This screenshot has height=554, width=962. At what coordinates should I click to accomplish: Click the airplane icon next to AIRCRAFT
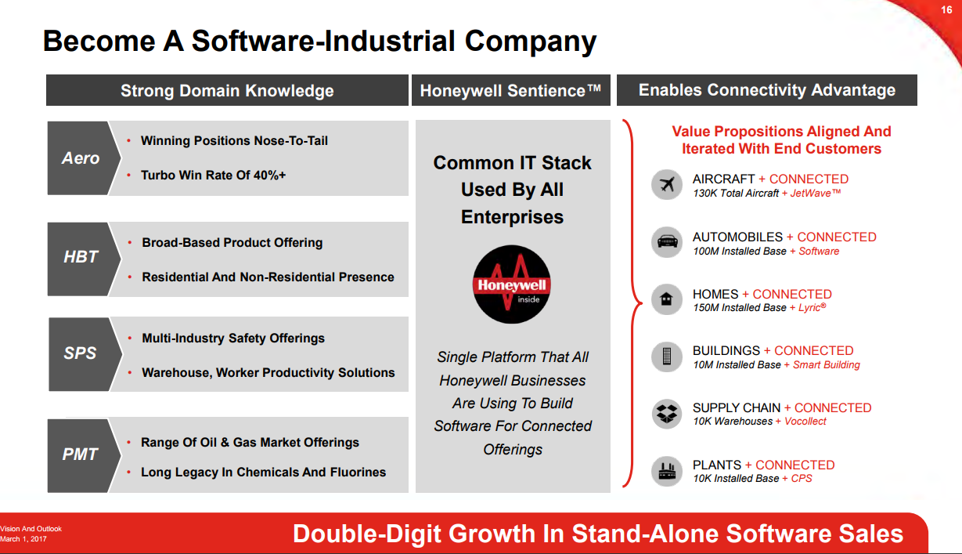tap(667, 186)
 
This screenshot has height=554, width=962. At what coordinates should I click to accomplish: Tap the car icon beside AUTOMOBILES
tap(667, 243)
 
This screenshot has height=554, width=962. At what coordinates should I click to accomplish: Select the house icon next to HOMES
tap(667, 299)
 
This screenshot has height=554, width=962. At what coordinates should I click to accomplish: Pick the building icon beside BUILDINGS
tap(667, 357)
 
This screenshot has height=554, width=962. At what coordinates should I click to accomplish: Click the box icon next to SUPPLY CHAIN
tap(667, 414)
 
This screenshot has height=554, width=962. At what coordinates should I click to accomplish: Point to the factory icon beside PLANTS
tap(667, 471)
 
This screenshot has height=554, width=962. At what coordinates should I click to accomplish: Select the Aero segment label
tap(81, 158)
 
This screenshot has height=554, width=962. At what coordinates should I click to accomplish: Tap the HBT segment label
tap(81, 257)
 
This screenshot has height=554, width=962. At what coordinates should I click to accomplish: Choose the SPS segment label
tap(81, 353)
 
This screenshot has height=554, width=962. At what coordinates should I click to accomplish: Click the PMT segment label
tap(81, 454)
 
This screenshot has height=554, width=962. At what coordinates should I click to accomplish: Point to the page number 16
tap(946, 10)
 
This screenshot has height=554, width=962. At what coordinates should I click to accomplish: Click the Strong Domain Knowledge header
tap(227, 91)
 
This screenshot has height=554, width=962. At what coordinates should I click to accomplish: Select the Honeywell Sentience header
tap(510, 91)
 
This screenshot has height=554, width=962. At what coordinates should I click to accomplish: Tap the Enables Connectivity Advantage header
tap(767, 90)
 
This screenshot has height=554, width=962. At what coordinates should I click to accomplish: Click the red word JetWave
tap(816, 194)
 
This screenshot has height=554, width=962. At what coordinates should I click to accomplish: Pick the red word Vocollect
tap(805, 422)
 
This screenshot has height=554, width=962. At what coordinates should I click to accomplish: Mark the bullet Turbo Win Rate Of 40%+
tap(213, 176)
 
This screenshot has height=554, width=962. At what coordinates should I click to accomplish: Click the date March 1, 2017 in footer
tap(23, 539)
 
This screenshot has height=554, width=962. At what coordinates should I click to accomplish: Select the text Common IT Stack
tap(512, 163)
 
